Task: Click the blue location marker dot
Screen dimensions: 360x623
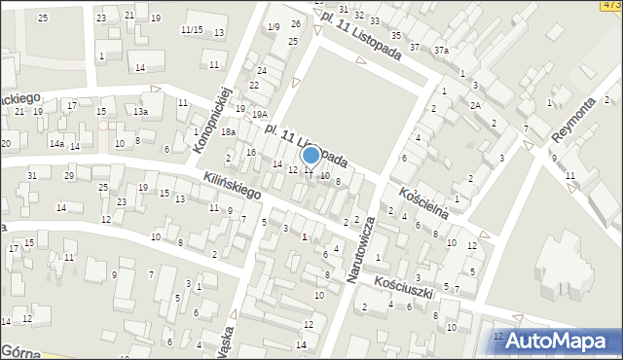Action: pyautogui.click(x=311, y=154)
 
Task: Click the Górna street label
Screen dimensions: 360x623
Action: pyautogui.click(x=19, y=350)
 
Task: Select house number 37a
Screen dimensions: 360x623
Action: pyautogui.click(x=442, y=50)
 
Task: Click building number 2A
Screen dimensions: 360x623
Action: pyautogui.click(x=475, y=105)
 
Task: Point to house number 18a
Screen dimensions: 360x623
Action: pyautogui.click(x=228, y=131)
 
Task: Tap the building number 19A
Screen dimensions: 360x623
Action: pyautogui.click(x=260, y=114)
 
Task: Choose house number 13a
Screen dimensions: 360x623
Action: pyautogui.click(x=141, y=111)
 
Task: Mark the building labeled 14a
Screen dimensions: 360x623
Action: pyautogui.click(x=57, y=144)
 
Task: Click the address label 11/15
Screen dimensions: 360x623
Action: pyautogui.click(x=191, y=29)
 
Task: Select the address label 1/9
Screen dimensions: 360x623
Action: pyautogui.click(x=274, y=26)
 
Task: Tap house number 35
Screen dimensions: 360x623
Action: pyautogui.click(x=400, y=35)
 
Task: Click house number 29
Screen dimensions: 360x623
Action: pyautogui.click(x=69, y=175)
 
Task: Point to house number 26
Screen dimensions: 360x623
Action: pyautogui.click(x=293, y=22)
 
